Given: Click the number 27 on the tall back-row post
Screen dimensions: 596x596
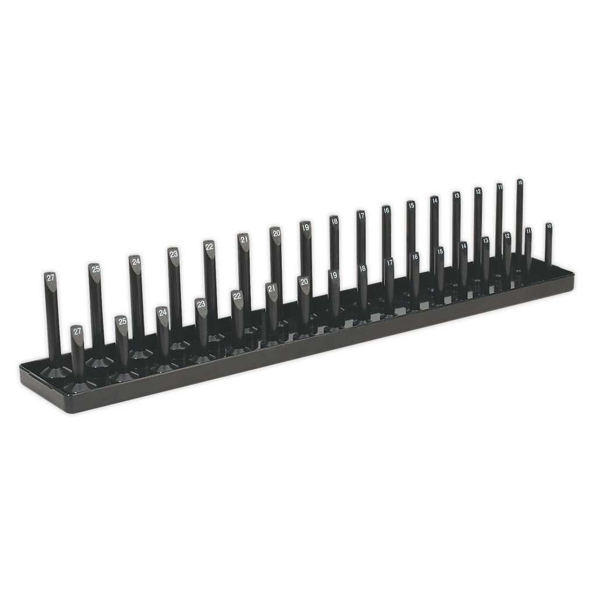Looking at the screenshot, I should pyautogui.click(x=51, y=278).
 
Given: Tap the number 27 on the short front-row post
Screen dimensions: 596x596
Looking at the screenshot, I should pyautogui.click(x=77, y=331).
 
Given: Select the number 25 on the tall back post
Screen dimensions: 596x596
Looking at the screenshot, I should pyautogui.click(x=95, y=269).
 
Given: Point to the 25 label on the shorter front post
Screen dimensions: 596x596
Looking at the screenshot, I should pyautogui.click(x=122, y=321).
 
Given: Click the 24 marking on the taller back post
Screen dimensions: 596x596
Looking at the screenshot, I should pyautogui.click(x=136, y=261).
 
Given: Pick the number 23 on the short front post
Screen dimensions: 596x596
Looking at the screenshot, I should pyautogui.click(x=201, y=304).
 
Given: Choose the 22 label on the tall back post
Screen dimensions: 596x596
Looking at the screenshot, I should pyautogui.click(x=210, y=246).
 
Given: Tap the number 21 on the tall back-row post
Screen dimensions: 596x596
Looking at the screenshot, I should pyautogui.click(x=244, y=239).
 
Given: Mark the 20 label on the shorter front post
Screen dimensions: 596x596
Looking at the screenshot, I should pyautogui.click(x=304, y=282).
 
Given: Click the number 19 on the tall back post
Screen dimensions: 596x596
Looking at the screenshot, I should pyautogui.click(x=306, y=227).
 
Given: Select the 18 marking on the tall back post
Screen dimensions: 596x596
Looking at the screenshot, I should pyautogui.click(x=334, y=221).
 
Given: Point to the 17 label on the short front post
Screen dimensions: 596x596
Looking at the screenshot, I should pyautogui.click(x=390, y=263).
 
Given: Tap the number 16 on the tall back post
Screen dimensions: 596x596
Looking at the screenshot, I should pyautogui.click(x=386, y=210).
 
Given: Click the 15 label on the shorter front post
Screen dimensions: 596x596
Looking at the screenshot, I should pyautogui.click(x=440, y=251).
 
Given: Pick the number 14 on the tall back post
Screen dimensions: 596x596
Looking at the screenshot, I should pyautogui.click(x=434, y=200).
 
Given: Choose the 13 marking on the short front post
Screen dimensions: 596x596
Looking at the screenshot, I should pyautogui.click(x=486, y=240).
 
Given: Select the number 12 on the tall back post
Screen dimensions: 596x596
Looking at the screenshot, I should pyautogui.click(x=478, y=191).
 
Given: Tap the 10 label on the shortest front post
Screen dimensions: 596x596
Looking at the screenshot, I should pyautogui.click(x=548, y=225).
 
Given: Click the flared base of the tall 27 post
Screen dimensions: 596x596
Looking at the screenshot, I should pyautogui.click(x=56, y=370).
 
